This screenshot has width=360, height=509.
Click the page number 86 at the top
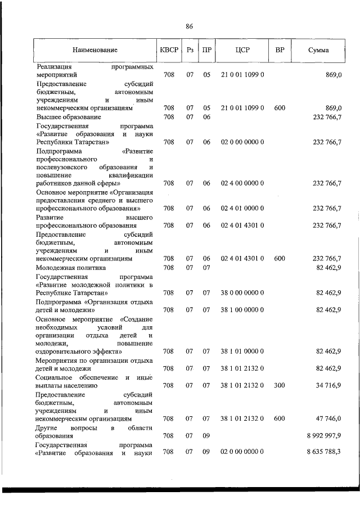click(189, 26)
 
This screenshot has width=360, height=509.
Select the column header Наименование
click(95, 50)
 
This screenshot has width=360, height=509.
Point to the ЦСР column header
click(242, 50)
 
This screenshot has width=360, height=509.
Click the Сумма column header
click(318, 50)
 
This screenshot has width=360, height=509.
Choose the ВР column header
click(280, 50)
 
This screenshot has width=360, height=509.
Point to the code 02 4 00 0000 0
click(242, 183)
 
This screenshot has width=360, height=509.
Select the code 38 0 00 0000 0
click(242, 292)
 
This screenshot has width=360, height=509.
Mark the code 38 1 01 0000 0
click(242, 352)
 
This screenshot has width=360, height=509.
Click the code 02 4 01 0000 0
click(242, 208)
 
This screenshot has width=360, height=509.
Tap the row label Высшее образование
click(68, 116)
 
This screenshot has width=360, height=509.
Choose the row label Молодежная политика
click(70, 268)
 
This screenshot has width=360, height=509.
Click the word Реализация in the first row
click(56, 66)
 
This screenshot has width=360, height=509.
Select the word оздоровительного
click(67, 352)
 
